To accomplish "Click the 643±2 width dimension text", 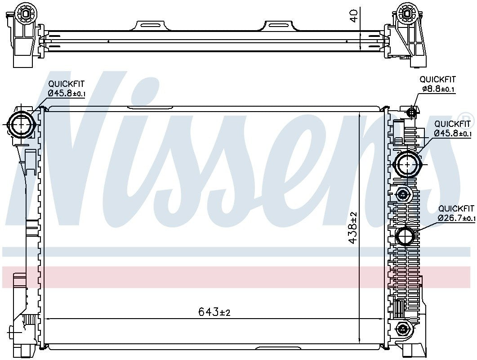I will point(214,312).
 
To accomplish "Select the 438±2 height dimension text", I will point(354,227).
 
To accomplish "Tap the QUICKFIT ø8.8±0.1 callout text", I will point(437,85).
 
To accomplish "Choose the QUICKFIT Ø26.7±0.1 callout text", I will point(456,213).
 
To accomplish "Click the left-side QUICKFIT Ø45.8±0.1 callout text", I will point(67,88).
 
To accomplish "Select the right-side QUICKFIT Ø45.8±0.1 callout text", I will point(452,128).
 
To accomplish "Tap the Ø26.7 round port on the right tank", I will point(406,236).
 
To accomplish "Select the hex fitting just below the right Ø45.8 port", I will point(402,195).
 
